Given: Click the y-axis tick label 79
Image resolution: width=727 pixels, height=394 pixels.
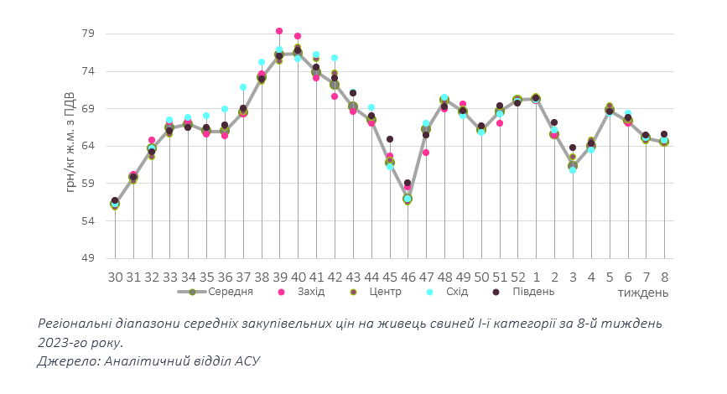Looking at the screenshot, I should tap(88, 34).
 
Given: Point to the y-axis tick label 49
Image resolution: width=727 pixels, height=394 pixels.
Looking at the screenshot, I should tap(88, 258).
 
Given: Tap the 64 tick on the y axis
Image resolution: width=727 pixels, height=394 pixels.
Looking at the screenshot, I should tap(88, 147).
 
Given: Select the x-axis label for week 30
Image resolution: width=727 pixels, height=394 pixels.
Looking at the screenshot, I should tap(115, 276).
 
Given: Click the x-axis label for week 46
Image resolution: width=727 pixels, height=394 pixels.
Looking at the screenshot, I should tap(408, 276).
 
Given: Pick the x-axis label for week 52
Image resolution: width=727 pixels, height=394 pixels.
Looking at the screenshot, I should tap(517, 276).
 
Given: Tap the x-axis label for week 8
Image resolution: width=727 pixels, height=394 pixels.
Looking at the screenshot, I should tap(664, 276).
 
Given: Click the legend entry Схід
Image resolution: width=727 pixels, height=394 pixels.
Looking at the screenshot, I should tap(454, 292).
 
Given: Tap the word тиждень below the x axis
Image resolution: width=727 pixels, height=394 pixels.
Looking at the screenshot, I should tap(643, 293).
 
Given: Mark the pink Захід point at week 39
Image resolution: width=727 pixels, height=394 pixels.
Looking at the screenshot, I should tap(279, 31).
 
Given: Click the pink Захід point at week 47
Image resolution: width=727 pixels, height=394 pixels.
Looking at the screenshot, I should tap(426, 153).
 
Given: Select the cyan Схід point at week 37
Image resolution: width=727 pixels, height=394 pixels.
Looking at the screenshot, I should tap(243, 87).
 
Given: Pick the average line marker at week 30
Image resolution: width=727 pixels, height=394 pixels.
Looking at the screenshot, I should tap(115, 204).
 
